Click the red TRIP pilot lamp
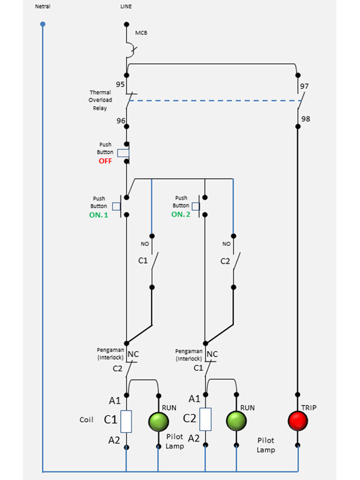pyautogui.click(x=298, y=421)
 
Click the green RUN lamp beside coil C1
pyautogui.click(x=158, y=422)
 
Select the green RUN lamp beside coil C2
pyautogui.click(x=236, y=421)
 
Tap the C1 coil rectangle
pyautogui.click(x=126, y=422)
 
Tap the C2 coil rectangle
pyautogui.click(x=205, y=419)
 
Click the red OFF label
pyautogui.click(x=106, y=161)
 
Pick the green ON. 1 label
pyautogui.click(x=98, y=215)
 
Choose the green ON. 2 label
pyautogui.click(x=181, y=215)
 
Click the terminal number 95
pyautogui.click(x=121, y=84)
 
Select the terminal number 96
pyautogui.click(x=121, y=121)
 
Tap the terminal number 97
pyautogui.click(x=304, y=86)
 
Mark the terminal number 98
pyautogui.click(x=305, y=119)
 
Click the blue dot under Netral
pyautogui.click(x=43, y=24)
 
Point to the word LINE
pyautogui.click(x=126, y=6)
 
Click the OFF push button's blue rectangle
pyautogui.click(x=123, y=153)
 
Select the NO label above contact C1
pyautogui.click(x=145, y=244)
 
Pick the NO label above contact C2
pyautogui.click(x=227, y=244)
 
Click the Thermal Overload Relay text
pyautogui.click(x=100, y=100)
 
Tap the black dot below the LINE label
pyautogui.click(x=127, y=24)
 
